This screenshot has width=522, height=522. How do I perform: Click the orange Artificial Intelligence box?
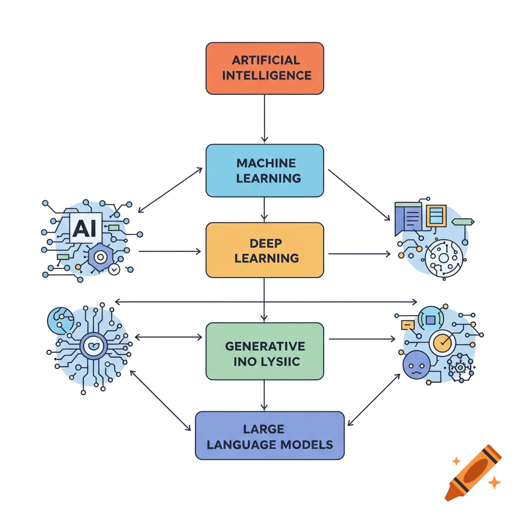point(265,68)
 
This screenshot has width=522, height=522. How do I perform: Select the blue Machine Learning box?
point(265,170)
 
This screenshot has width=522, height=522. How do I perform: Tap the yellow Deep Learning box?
point(265,250)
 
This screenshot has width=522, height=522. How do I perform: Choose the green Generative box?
point(265,351)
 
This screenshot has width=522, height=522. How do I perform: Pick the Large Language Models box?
point(270,435)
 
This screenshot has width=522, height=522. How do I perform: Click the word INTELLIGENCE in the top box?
point(267,76)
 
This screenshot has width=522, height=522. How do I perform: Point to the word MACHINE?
point(266,163)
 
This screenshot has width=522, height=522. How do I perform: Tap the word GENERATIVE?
point(265,346)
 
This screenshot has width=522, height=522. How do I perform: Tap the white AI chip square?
point(85,229)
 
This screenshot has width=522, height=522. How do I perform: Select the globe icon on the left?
point(58,320)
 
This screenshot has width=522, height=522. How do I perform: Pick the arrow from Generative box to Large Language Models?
point(264,395)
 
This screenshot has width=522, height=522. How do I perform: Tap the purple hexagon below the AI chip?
point(101,257)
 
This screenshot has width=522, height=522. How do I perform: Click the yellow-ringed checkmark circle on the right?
point(442,342)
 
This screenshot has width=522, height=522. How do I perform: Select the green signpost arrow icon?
point(463,222)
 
